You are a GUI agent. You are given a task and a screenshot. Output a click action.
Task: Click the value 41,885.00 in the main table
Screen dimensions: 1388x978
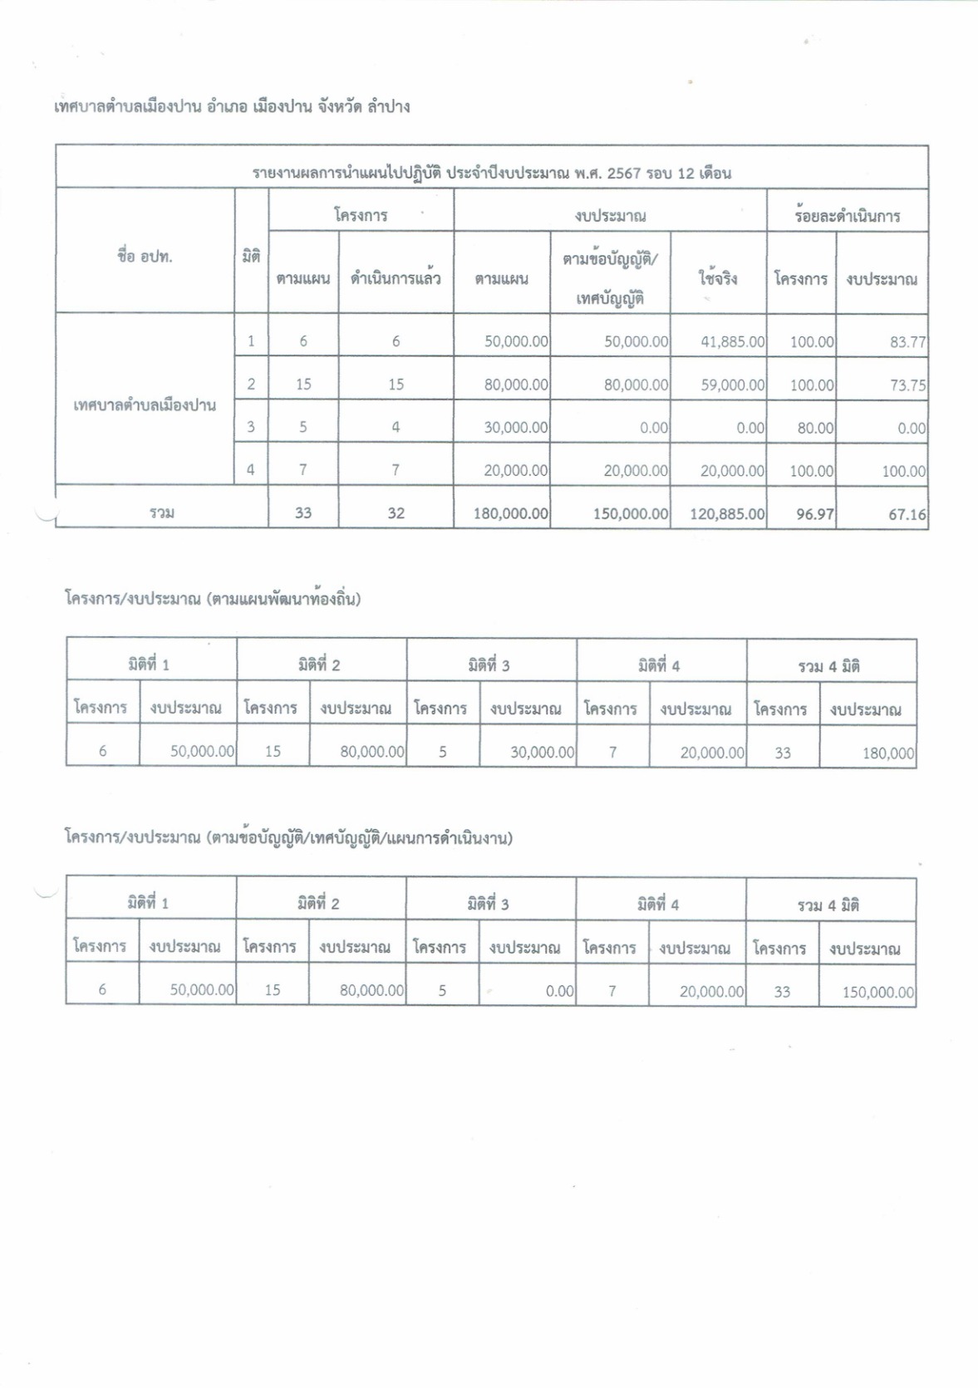tap(732, 341)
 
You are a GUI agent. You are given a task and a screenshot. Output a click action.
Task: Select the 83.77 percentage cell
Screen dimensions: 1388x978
tap(907, 341)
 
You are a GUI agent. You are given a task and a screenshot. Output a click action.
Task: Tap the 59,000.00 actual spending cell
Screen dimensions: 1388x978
tap(732, 385)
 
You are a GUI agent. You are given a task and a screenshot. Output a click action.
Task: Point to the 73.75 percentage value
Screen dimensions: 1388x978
tap(907, 385)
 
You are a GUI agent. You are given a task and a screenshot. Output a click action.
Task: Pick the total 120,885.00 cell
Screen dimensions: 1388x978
tap(727, 514)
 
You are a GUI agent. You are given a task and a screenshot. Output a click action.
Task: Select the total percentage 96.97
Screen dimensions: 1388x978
tap(814, 514)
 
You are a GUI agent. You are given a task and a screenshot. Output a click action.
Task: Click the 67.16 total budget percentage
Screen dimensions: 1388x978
tap(907, 514)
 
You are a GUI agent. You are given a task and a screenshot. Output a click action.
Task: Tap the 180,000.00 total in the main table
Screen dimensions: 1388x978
tap(510, 514)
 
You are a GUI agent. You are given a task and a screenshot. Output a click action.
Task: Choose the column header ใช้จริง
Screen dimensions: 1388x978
tap(718, 279)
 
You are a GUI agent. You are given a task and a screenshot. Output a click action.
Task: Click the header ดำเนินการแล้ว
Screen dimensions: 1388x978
tap(396, 279)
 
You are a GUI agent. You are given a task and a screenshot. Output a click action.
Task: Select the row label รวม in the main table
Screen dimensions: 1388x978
tap(162, 513)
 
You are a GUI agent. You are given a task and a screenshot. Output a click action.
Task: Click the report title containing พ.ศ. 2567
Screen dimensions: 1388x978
tap(492, 173)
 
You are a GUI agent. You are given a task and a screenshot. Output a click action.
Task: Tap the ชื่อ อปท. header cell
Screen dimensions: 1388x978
tap(145, 257)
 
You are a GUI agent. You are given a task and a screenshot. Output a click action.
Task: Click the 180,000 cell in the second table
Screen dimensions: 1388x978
tap(888, 753)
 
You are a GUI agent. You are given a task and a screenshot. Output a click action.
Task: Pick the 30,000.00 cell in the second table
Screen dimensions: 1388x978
tap(542, 752)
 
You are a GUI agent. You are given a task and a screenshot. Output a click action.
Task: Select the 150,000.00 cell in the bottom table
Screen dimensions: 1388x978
tap(877, 992)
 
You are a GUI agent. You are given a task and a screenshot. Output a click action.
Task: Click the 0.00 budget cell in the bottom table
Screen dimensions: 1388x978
tap(559, 991)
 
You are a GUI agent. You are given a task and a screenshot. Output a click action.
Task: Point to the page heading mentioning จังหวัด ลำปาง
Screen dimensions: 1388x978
tap(231, 106)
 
